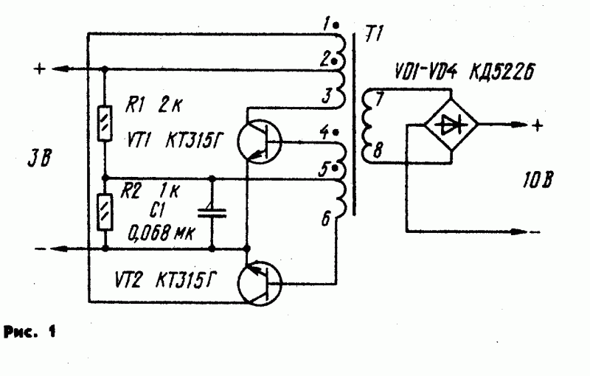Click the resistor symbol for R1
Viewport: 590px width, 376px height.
(105, 124)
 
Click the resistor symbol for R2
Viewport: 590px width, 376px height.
(105, 212)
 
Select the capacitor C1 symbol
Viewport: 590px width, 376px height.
(212, 213)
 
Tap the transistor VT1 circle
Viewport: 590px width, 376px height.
(260, 142)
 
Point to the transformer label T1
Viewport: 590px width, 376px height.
(374, 34)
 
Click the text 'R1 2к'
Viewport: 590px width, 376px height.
(153, 105)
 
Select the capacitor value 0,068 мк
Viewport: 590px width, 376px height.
(161, 233)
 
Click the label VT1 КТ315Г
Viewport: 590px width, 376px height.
(174, 142)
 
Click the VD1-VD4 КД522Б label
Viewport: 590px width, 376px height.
(465, 71)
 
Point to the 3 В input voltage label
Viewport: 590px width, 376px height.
(40, 159)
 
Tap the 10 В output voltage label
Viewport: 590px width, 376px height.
(538, 180)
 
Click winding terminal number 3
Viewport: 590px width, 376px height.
(326, 96)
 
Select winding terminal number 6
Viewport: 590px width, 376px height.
(326, 219)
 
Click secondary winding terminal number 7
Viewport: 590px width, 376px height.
(379, 99)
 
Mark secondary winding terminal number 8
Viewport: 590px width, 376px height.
(378, 150)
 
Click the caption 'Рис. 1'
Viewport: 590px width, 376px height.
(29, 332)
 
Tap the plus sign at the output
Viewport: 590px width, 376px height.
(538, 125)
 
